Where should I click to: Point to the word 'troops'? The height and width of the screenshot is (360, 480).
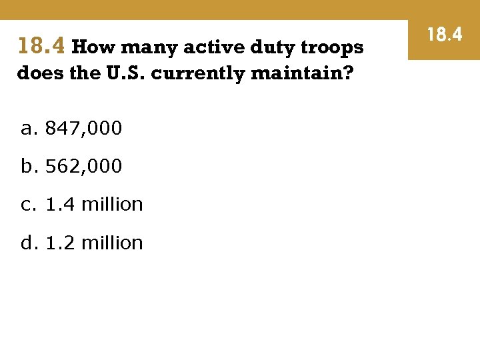(331, 48)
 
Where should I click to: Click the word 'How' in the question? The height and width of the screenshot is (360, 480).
(93, 47)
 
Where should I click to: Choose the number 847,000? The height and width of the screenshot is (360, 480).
(83, 128)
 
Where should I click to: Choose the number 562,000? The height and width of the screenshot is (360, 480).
(83, 166)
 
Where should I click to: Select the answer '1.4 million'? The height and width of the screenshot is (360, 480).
(94, 204)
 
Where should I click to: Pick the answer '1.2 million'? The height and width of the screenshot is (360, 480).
(94, 243)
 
